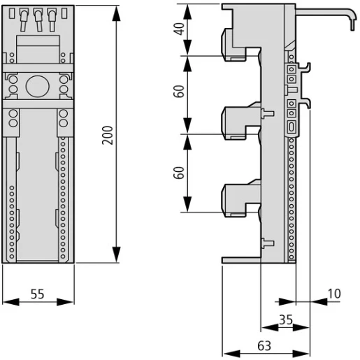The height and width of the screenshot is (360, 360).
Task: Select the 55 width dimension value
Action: click(38, 294)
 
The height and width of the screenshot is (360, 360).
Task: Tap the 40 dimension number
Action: click(180, 29)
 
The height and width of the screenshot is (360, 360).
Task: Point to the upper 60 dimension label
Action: click(180, 93)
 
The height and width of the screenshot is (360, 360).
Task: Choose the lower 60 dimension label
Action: click(180, 173)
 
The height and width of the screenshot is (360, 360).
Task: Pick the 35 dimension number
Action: click(285, 319)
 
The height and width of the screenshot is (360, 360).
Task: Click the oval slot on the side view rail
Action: click(291, 127)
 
